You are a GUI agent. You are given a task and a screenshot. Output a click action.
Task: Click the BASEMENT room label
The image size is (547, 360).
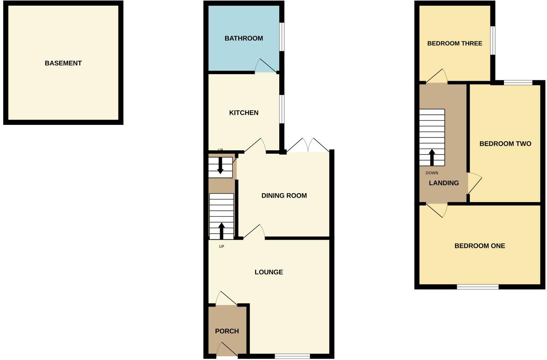63,63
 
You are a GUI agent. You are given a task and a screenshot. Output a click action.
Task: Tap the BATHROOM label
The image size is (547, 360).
244,38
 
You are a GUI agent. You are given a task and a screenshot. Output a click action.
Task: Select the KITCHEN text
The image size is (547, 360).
244,113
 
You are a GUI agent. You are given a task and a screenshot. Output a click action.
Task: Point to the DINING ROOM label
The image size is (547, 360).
284,196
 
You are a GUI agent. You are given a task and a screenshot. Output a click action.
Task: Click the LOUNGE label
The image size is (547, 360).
269,272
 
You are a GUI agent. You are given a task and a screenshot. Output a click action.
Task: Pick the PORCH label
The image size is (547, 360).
227,331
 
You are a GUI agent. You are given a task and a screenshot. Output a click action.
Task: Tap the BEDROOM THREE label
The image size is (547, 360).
454,43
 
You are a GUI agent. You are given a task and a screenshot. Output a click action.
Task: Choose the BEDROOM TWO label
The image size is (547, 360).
505,144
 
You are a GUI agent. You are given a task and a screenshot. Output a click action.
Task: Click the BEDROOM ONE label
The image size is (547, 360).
479,246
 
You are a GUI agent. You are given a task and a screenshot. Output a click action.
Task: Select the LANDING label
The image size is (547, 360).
444,183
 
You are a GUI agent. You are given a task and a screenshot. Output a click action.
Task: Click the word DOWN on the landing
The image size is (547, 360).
432,173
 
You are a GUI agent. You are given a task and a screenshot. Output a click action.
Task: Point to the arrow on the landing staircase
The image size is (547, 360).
432,157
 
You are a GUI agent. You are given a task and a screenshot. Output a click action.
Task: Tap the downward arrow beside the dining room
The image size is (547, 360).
220,166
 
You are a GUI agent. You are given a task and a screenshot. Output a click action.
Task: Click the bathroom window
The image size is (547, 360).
282,37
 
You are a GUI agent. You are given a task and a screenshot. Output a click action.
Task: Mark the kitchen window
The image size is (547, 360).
282,109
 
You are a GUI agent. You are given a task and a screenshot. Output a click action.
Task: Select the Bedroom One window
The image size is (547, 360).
477,287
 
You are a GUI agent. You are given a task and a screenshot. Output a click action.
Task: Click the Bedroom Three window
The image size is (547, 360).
493,40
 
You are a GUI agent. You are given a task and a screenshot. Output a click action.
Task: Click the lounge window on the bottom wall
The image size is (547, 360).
292,356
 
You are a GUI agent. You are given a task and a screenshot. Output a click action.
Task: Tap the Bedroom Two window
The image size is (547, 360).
518,82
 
